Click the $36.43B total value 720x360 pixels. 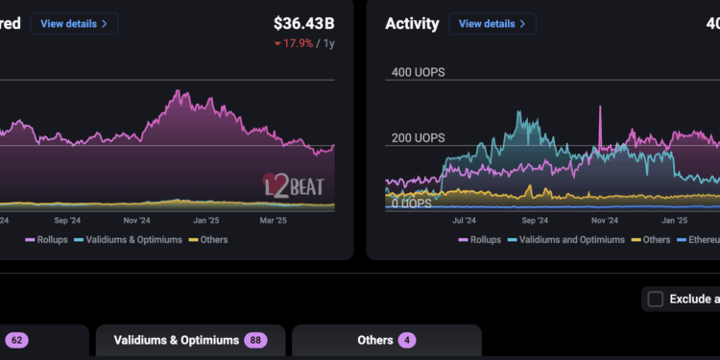[303, 23]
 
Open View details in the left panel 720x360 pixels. [75, 23]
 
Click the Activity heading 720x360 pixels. [412, 24]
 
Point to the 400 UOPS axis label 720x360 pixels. [418, 73]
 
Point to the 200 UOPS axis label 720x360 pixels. [418, 138]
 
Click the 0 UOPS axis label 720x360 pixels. [410, 204]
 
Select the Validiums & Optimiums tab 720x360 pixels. [190, 340]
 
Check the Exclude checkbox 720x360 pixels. [656, 299]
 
